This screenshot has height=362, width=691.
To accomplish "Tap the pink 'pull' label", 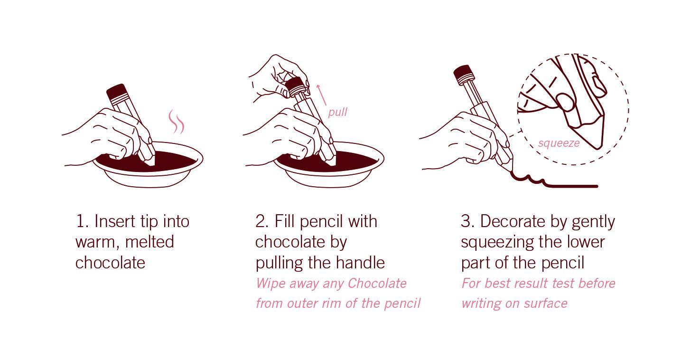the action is point(337,112).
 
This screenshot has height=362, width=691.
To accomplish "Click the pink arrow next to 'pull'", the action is point(321,95).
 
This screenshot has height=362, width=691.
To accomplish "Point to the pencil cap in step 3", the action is point(464,74).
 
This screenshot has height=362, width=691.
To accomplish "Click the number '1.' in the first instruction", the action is point(82,221).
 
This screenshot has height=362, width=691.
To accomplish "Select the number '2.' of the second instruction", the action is point(262,221).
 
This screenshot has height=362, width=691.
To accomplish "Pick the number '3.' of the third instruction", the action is point(467,221).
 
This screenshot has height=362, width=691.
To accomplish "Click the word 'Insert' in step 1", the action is point(114,221).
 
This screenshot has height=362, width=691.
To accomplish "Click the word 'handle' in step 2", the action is point(360,263).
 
